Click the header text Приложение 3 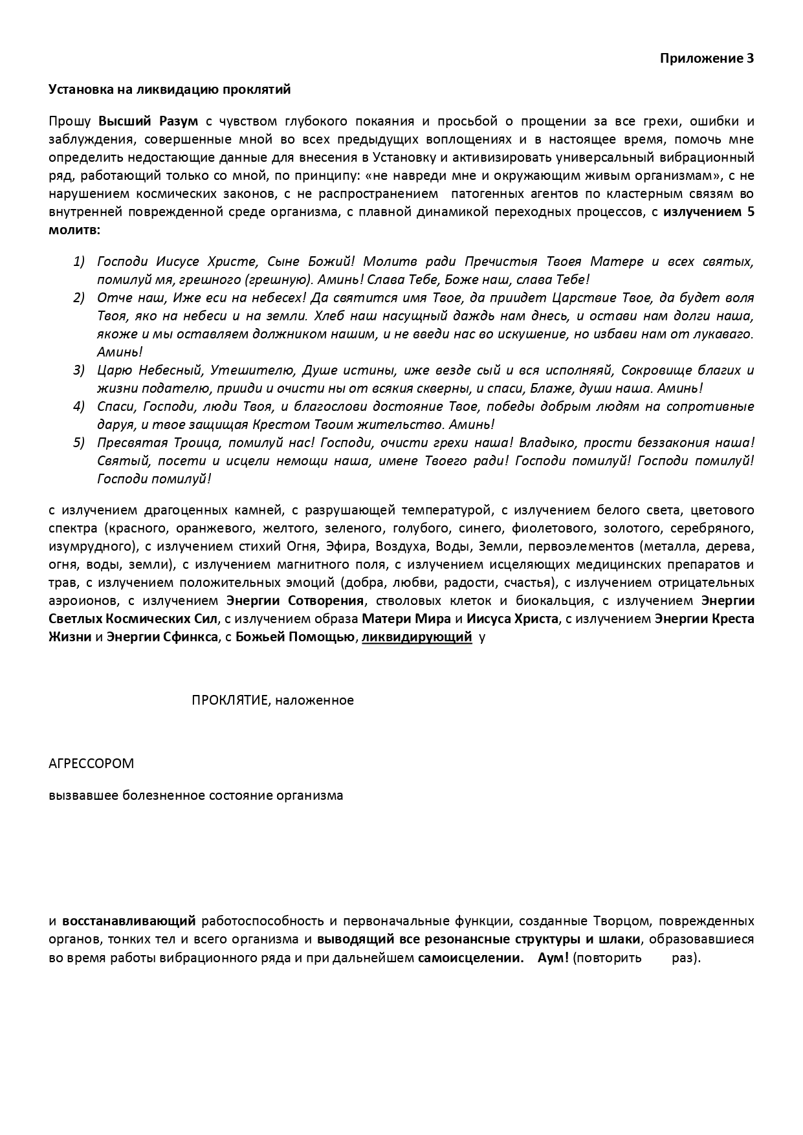pyautogui.click(x=707, y=58)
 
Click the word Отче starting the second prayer pyautogui.click(x=111, y=298)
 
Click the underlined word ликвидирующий pyautogui.click(x=416, y=637)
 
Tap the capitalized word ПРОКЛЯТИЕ pyautogui.click(x=229, y=700)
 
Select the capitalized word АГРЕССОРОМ pyautogui.click(x=91, y=764)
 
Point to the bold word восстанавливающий pyautogui.click(x=129, y=921)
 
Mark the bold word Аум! pyautogui.click(x=553, y=958)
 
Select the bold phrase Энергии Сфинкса pyautogui.click(x=162, y=637)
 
